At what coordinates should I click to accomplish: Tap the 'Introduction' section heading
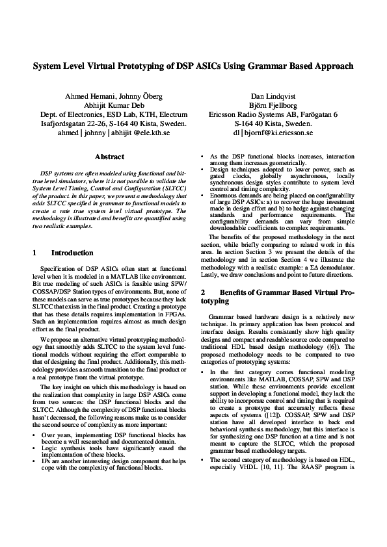point(72,253)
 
